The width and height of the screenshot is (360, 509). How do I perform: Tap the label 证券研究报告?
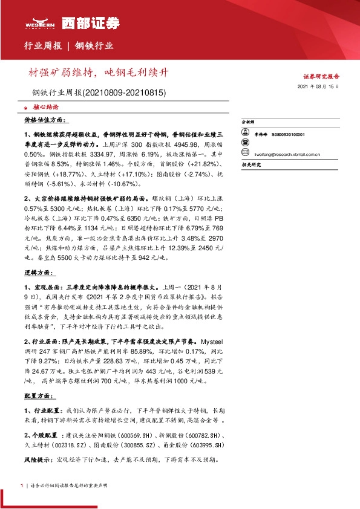click(x=321, y=77)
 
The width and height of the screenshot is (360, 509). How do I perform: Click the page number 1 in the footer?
click(x=22, y=487)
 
